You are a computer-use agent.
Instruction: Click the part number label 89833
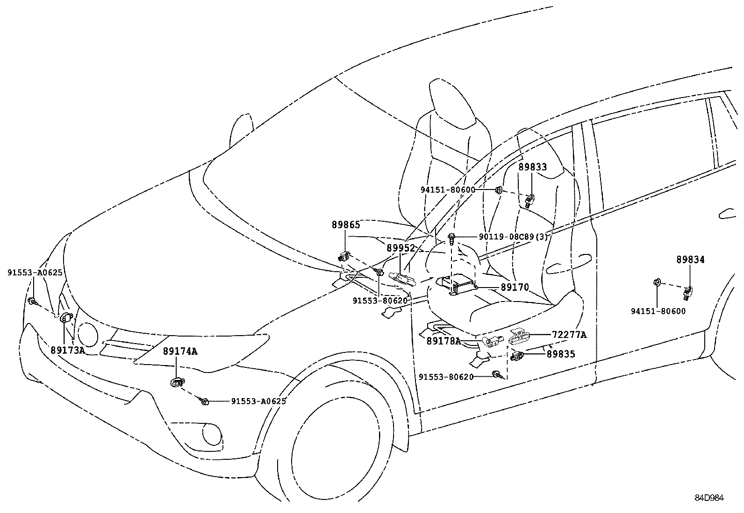[532, 167]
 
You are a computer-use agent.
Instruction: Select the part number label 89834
[690, 260]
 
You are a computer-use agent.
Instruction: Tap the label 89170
[515, 287]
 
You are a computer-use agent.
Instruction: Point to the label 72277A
[569, 335]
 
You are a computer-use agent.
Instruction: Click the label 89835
[561, 354]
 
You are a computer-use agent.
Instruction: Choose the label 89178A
[444, 341]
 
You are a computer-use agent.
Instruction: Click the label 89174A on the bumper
[180, 351]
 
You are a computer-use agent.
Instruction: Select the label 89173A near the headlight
[68, 350]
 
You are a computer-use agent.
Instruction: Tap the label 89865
[346, 225]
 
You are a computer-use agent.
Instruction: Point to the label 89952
[401, 248]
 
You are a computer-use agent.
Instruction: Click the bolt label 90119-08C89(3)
[513, 237]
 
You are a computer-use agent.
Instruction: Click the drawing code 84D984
[708, 498]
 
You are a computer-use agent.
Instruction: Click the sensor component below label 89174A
[177, 382]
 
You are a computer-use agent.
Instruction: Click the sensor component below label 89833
[529, 201]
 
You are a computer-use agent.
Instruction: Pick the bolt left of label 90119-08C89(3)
[452, 238]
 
